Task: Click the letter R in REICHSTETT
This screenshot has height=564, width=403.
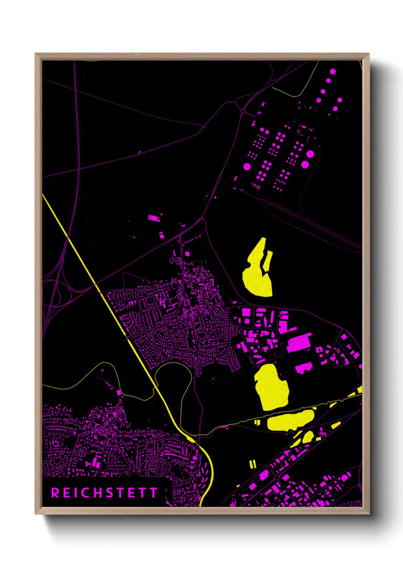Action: tap(55, 493)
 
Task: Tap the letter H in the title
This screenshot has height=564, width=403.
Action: tap(98, 493)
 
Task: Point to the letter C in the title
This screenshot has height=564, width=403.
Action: tap(86, 493)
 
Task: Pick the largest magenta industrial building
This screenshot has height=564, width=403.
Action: tap(299, 343)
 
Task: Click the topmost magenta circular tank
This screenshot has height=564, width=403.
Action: tap(333, 71)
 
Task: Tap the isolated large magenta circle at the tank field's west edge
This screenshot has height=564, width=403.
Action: tap(247, 167)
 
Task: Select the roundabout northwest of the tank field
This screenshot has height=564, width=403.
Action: tap(243, 111)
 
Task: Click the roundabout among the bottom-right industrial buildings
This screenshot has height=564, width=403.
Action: tap(277, 477)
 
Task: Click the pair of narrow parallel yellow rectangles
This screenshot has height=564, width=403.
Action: tap(253, 464)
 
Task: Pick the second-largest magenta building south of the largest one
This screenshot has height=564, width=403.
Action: tap(304, 368)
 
